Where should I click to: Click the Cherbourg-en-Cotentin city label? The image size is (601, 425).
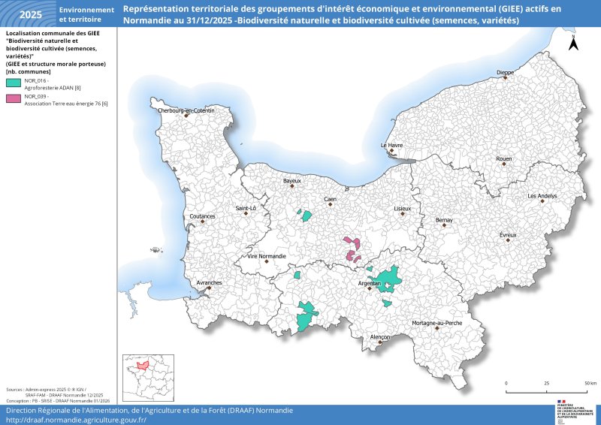(186, 110)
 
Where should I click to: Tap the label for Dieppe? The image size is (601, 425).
(506, 72)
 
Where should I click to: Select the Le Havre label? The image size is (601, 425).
(391, 145)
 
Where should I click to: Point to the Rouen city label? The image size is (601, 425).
(503, 158)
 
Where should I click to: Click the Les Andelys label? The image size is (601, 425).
(542, 195)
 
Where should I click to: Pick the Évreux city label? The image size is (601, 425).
(508, 235)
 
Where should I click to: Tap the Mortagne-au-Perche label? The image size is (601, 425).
(436, 323)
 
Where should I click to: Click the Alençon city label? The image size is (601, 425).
(380, 337)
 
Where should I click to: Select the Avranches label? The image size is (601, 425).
(209, 283)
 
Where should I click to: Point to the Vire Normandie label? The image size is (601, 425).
(267, 256)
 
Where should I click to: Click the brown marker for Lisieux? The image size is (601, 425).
(403, 213)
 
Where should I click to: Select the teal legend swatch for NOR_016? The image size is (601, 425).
(14, 81)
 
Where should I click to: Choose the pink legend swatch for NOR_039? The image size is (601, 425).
(14, 98)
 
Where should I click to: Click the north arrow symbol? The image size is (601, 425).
(573, 43)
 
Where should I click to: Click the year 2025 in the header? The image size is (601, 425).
(30, 14)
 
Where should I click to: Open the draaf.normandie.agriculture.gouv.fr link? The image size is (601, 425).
(76, 420)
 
